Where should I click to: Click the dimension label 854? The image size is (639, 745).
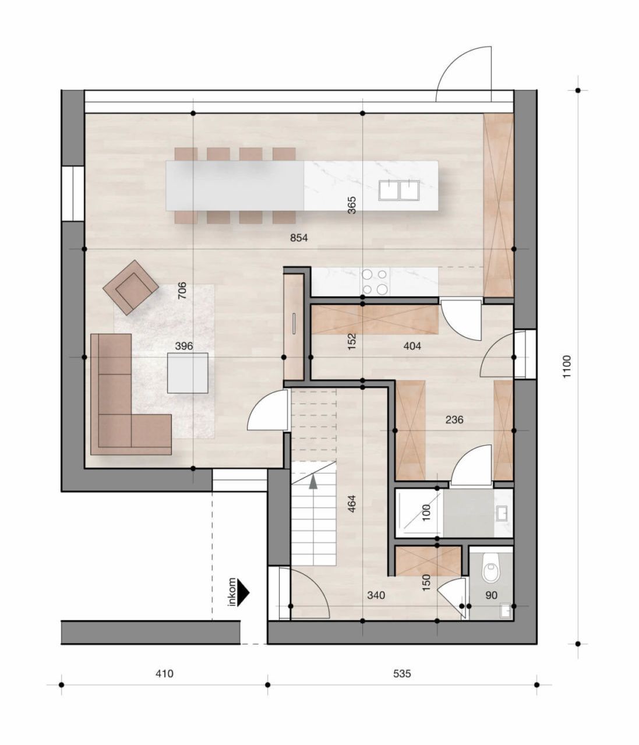299,238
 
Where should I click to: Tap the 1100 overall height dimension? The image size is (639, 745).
567,367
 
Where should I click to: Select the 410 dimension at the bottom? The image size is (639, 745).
164,674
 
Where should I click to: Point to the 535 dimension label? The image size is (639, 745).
402,674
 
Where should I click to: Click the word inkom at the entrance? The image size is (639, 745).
232,592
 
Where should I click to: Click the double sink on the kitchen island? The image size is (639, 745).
399,189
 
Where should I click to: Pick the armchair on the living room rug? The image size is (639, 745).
130,287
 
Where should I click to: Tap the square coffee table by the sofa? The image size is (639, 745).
188,373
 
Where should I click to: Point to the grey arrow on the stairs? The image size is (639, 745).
314,481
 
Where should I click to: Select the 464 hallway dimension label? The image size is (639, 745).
351,504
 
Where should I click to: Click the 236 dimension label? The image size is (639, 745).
454,419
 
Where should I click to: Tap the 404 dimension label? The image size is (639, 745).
412,346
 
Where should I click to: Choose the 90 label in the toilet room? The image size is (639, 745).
491,595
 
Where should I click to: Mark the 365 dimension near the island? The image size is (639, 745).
352,205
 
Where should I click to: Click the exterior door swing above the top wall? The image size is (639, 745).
464,73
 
